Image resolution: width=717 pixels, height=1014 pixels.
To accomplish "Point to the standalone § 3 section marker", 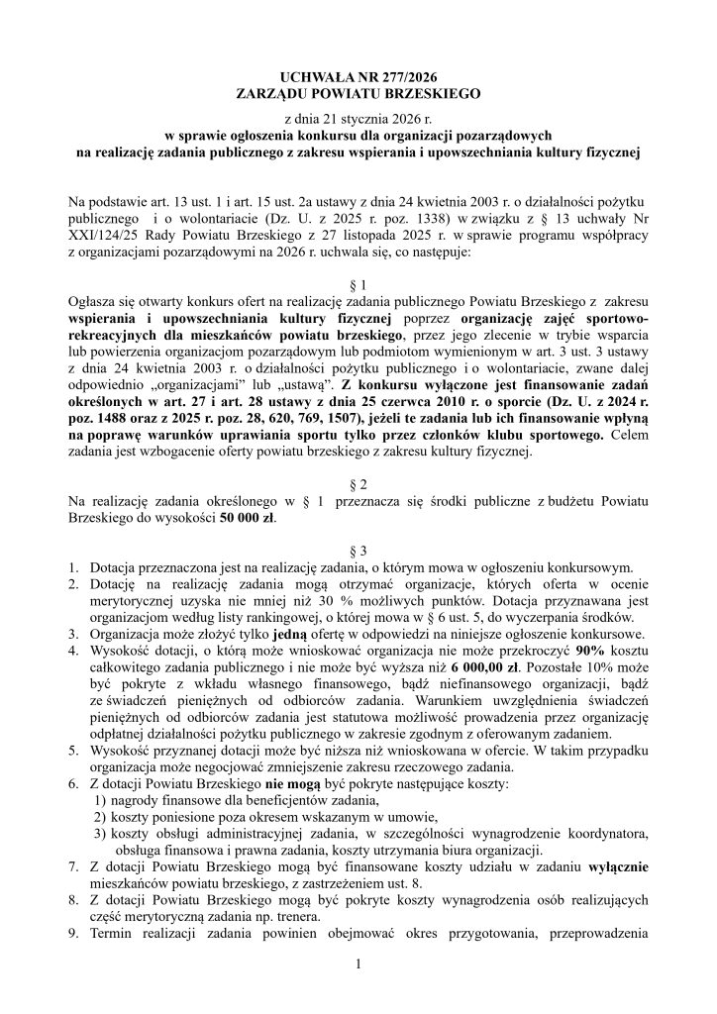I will [358, 550].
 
